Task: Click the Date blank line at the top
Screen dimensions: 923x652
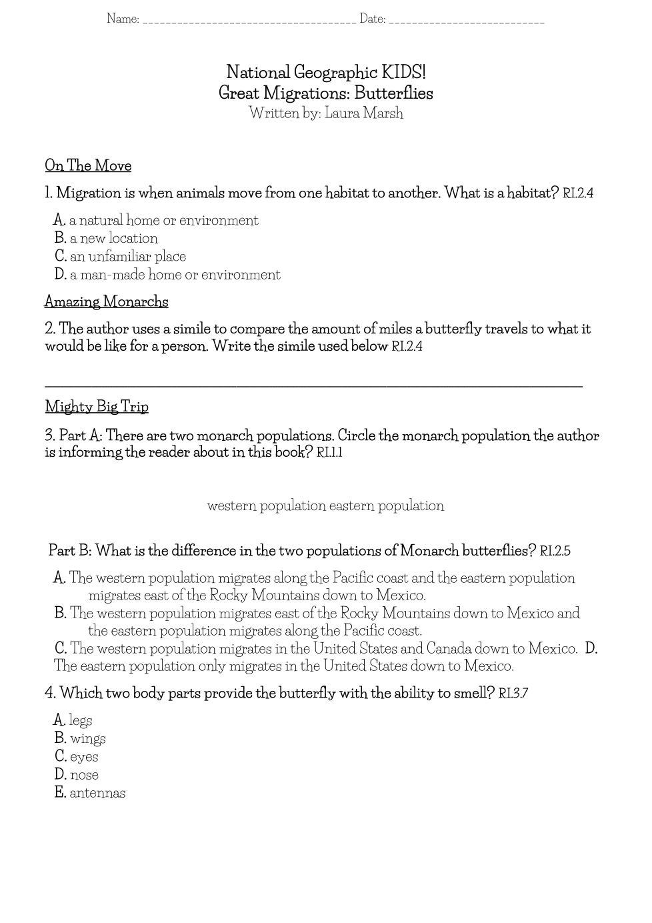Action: pyautogui.click(x=466, y=21)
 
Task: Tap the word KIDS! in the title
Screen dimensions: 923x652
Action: pyautogui.click(x=403, y=72)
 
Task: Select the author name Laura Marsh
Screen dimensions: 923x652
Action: pyautogui.click(x=364, y=113)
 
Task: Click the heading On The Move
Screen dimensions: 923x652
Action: pyautogui.click(x=88, y=165)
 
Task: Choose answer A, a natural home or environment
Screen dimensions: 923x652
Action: pyautogui.click(x=163, y=220)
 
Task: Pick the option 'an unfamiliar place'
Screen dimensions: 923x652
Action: pyautogui.click(x=127, y=256)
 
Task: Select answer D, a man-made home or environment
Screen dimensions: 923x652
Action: pyautogui.click(x=175, y=274)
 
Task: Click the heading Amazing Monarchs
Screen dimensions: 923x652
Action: pyautogui.click(x=106, y=301)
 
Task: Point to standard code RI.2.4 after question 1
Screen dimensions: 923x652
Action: pyautogui.click(x=578, y=193)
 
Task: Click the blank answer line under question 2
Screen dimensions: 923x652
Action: pyautogui.click(x=313, y=384)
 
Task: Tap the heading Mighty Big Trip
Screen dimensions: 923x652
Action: pyautogui.click(x=97, y=406)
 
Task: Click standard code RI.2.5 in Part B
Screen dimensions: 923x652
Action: pyautogui.click(x=555, y=552)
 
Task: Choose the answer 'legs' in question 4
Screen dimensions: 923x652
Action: pyautogui.click(x=80, y=720)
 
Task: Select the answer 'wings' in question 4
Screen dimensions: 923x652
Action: pyautogui.click(x=87, y=738)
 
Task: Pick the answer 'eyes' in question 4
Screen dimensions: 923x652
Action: pyautogui.click(x=83, y=756)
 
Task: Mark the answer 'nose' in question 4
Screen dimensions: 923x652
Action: pyautogui.click(x=84, y=774)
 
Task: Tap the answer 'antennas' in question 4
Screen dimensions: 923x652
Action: pyautogui.click(x=97, y=792)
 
